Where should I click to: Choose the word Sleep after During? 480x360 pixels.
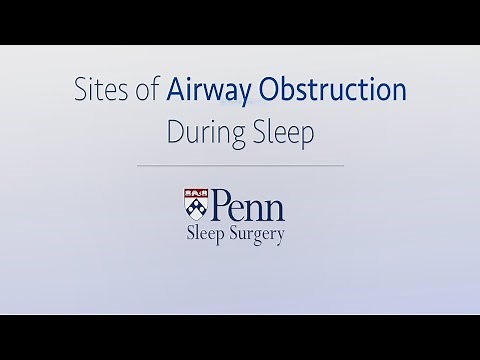point(277,132)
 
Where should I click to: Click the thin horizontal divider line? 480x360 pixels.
point(240,165)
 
